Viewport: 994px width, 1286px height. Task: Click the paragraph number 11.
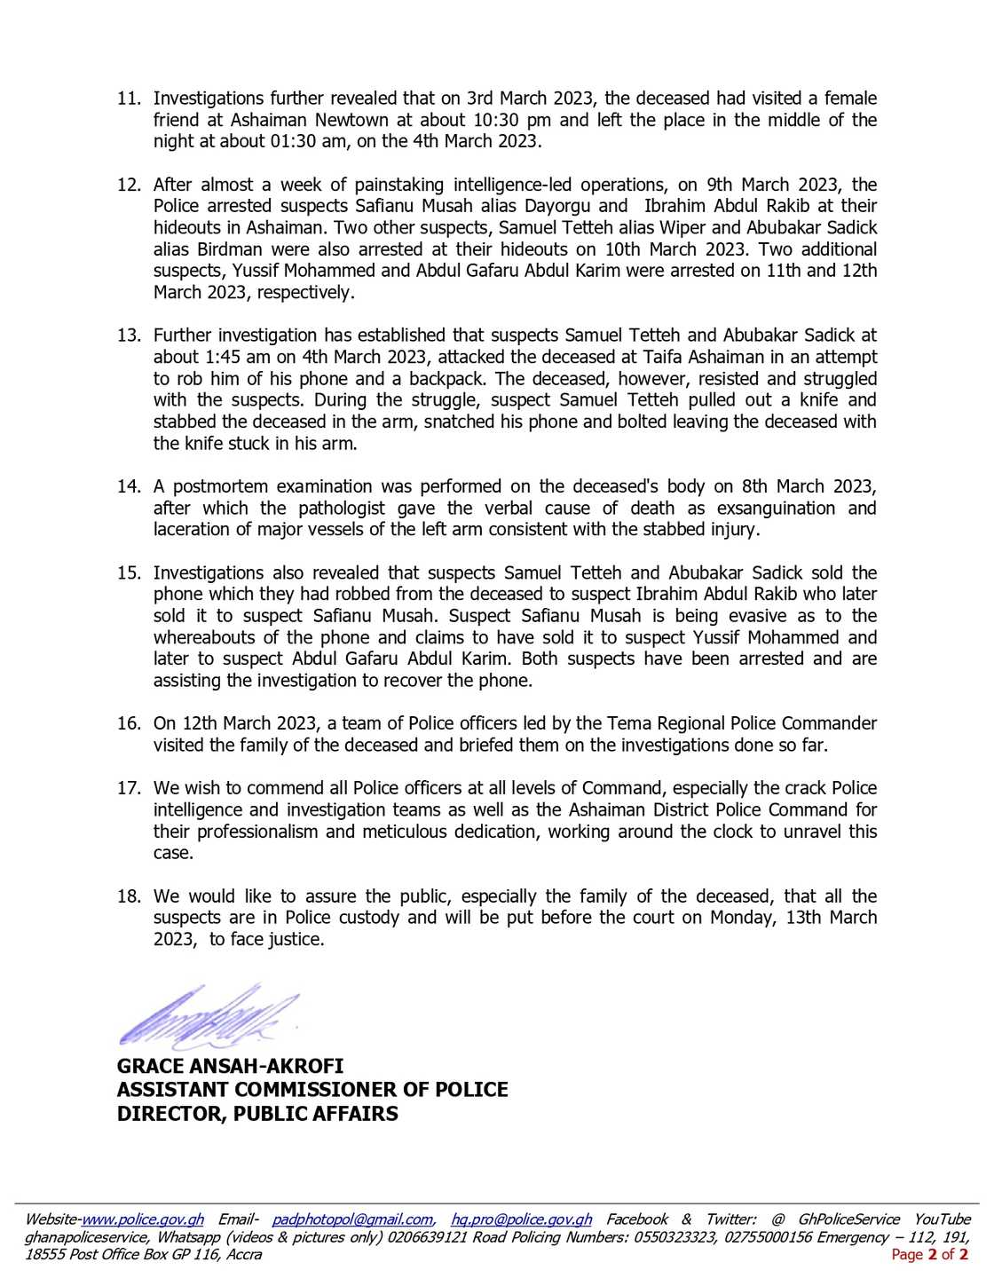(129, 99)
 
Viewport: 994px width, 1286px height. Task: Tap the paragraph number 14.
(129, 486)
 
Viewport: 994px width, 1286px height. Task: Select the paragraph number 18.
(129, 896)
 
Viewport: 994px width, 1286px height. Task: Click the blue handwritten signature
(209, 1014)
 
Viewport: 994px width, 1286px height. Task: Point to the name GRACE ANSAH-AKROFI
(230, 1066)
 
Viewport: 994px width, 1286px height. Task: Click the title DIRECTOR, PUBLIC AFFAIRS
(257, 1114)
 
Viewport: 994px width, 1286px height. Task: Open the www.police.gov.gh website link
(143, 1219)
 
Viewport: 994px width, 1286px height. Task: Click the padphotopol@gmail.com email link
(352, 1219)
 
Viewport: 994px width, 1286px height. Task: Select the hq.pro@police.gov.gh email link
(521, 1219)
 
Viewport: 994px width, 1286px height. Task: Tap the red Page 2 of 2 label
(929, 1254)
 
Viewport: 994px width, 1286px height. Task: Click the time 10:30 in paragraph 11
(490, 120)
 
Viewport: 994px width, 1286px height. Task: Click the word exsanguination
(776, 509)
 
